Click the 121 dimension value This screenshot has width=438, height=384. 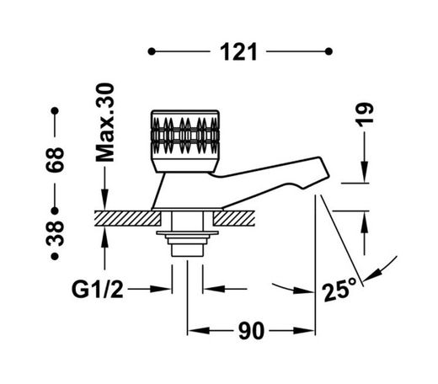coord(238,52)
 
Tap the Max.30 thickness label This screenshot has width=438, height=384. coord(105,122)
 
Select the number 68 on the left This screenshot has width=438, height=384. coord(55,160)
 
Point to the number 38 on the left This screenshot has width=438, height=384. coord(55,233)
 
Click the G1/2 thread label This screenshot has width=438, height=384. coord(98,290)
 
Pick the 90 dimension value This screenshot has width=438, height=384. coord(252,331)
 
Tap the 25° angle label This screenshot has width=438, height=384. coord(339,290)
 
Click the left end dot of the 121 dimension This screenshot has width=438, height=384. coord(152,51)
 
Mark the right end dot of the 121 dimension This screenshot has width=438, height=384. coord(328,51)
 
